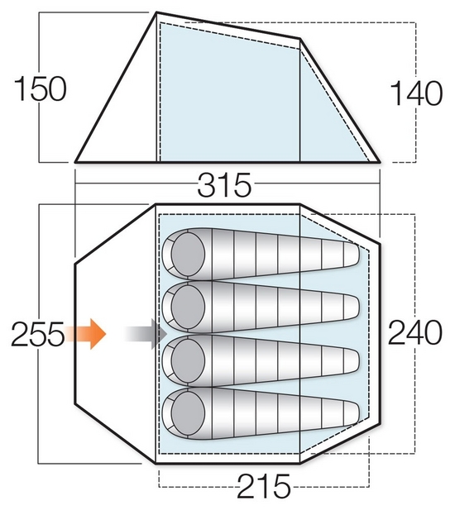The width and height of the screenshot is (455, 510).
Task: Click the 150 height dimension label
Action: point(41,88)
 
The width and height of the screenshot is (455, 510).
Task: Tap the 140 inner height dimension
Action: point(416,93)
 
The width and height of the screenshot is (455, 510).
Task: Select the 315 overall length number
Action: point(224,185)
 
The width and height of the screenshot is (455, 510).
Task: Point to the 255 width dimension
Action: point(37,334)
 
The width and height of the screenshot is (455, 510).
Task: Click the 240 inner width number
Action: point(415,333)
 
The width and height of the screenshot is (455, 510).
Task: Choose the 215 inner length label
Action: point(264,486)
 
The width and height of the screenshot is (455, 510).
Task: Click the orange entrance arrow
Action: point(85,334)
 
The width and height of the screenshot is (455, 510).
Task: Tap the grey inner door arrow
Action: point(146,334)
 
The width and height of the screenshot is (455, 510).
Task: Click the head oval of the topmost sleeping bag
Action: point(188,254)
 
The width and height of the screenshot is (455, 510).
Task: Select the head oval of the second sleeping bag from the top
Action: point(188,307)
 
